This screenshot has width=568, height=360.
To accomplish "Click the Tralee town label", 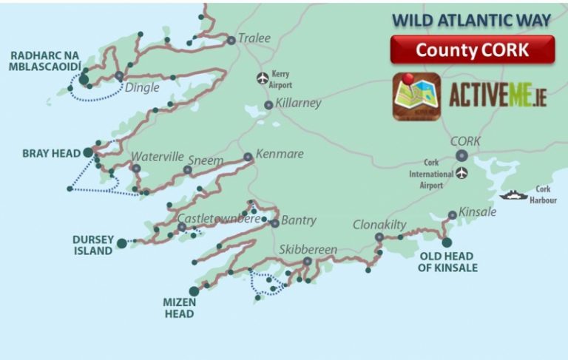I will (x=254, y=38).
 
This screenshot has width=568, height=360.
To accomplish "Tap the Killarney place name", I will (x=298, y=103).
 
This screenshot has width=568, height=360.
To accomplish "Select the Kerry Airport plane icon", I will (x=261, y=78).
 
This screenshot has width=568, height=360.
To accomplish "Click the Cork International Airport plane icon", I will (x=462, y=174).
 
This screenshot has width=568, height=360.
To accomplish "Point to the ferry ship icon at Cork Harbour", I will (x=512, y=195).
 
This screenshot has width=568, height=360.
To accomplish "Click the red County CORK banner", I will (x=472, y=50).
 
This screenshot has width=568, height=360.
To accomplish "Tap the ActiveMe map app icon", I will (x=416, y=96).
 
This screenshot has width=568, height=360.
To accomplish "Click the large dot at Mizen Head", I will (x=194, y=291).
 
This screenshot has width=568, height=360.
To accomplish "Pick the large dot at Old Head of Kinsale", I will (x=447, y=242).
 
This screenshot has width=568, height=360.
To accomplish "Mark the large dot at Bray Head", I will (x=88, y=153).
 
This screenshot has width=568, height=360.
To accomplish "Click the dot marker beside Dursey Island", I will (x=121, y=242).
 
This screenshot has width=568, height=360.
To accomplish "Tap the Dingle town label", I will (x=143, y=86).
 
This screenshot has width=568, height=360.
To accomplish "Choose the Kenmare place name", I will (x=279, y=154).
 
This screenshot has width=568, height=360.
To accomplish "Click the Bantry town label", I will (x=298, y=220).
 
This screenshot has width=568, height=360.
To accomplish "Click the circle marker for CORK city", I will (x=462, y=155).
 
